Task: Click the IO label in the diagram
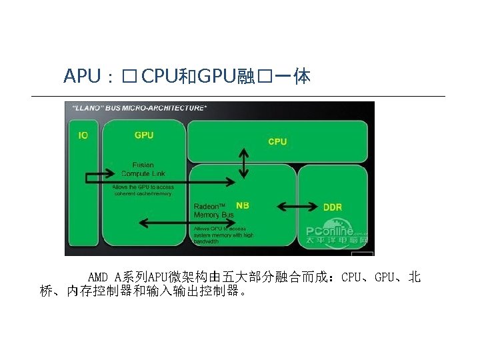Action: tap(83, 135)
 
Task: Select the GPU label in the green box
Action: tap(144, 135)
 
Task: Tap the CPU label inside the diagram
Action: tap(277, 141)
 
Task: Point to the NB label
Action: tap(243, 205)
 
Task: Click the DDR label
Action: tap(332, 207)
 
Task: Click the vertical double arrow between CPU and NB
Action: tap(244, 163)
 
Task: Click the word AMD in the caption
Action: tap(97, 277)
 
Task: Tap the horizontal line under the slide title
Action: tap(238, 97)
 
